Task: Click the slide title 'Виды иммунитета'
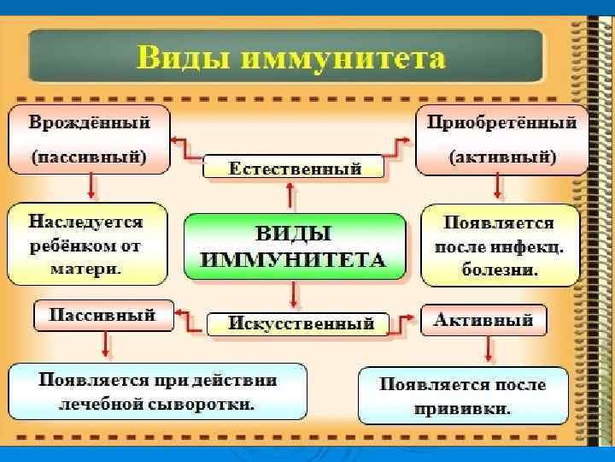pos(290,59)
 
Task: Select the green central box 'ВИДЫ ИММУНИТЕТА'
pos(295,247)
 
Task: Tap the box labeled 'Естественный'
pos(294,167)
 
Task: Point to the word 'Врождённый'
pos(89,122)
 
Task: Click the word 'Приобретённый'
pos(501,122)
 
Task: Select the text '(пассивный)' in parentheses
pos(89,157)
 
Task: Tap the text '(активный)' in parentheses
pos(502,157)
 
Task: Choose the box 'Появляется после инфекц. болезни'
pos(500,245)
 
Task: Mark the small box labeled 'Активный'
pos(483,320)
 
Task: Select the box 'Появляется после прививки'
pos(463,395)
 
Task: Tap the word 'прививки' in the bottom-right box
pos(463,409)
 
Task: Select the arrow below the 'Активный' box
pos(488,349)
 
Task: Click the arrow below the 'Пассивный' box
pos(105,345)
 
